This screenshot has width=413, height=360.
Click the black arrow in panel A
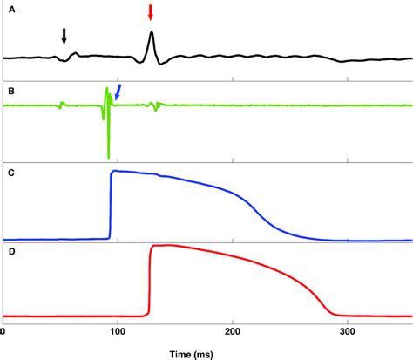point(64,35)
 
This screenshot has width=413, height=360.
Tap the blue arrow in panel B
point(118,91)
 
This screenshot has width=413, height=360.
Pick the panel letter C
point(10,171)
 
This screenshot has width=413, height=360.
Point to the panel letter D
point(10,251)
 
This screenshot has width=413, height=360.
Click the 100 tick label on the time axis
point(118,332)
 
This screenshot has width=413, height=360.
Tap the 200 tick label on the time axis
point(234,332)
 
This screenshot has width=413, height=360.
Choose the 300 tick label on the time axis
point(349,332)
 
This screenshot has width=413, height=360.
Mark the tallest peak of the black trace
point(152,33)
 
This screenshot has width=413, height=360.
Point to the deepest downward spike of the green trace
point(109,158)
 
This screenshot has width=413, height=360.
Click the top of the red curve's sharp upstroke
point(153,247)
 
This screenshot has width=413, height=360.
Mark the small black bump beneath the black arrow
point(73,54)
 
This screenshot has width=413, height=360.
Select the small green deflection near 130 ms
point(154,106)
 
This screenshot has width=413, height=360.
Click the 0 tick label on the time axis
point(4,332)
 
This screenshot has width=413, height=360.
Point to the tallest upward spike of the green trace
point(105,88)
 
